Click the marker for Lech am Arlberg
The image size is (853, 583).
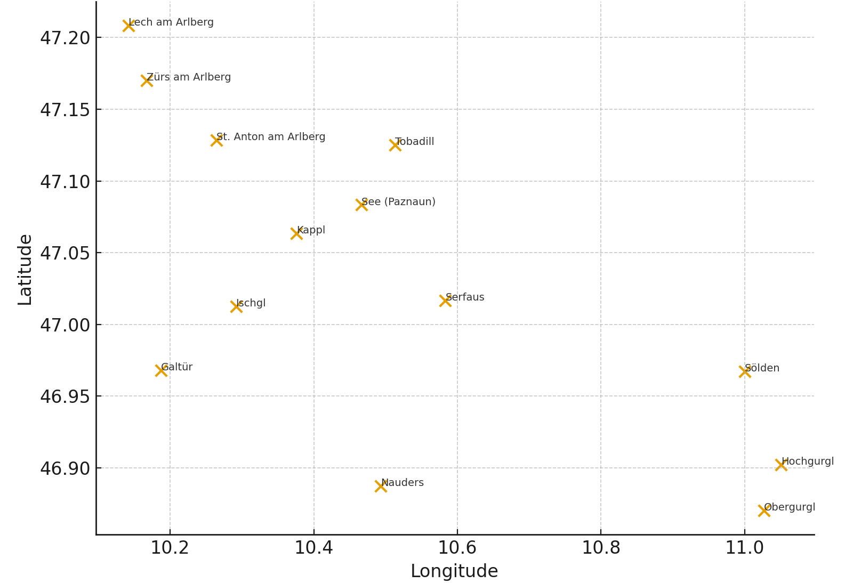click(x=128, y=26)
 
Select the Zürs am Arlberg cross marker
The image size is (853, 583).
click(x=147, y=80)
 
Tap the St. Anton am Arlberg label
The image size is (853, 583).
click(x=271, y=137)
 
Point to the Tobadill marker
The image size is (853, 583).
click(x=395, y=145)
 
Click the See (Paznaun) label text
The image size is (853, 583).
click(x=398, y=202)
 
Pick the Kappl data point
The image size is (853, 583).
click(x=296, y=233)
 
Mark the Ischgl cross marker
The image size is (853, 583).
click(x=236, y=306)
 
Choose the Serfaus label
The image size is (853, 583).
click(x=465, y=297)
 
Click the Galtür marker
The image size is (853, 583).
click(x=161, y=370)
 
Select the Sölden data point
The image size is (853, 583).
click(x=745, y=371)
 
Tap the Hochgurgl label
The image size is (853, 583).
click(x=808, y=461)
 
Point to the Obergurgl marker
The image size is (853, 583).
click(x=764, y=511)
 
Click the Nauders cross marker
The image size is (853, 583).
click(x=381, y=486)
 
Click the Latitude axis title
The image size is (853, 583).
click(x=25, y=270)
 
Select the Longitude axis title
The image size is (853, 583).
click(x=454, y=571)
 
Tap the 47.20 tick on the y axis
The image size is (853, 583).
click(x=65, y=38)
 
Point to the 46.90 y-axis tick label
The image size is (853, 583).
click(x=65, y=468)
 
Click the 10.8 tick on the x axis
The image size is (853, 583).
click(x=601, y=548)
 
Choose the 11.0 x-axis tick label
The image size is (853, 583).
click(x=744, y=548)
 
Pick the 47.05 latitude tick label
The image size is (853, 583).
click(x=65, y=253)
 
